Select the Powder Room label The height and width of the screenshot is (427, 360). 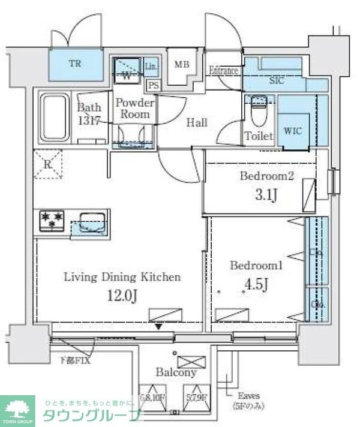pyautogui.click(x=134, y=108)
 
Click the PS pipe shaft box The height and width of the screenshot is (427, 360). pyautogui.click(x=154, y=85)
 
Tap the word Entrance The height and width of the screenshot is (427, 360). pyautogui.click(x=223, y=71)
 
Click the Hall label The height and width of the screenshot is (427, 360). pyautogui.click(x=196, y=122)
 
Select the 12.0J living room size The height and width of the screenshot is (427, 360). pyautogui.click(x=122, y=295)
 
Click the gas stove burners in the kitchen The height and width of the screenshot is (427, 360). pyautogui.click(x=52, y=219)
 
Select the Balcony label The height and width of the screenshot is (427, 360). pyautogui.click(x=176, y=372)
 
